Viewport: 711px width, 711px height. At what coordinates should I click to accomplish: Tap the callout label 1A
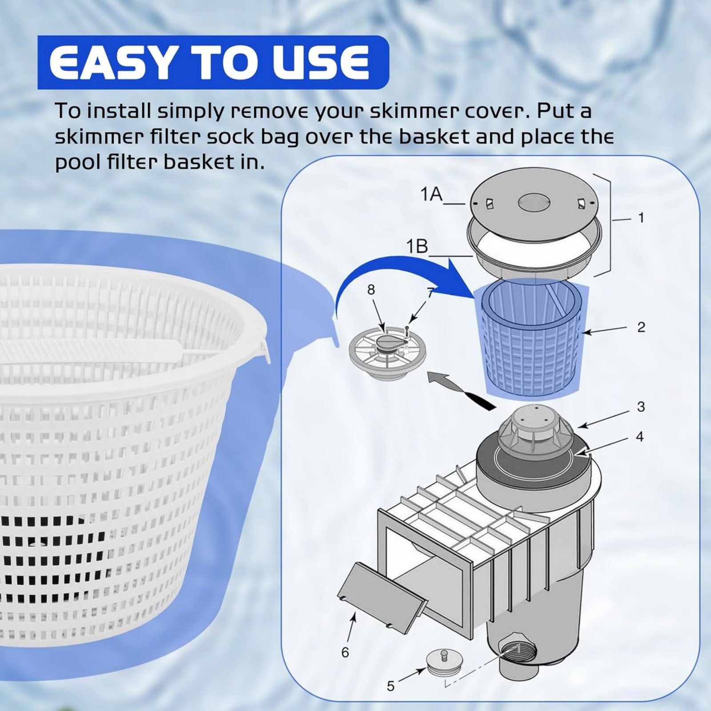(x=431, y=194)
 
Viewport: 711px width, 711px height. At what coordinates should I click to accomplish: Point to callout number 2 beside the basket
(x=641, y=328)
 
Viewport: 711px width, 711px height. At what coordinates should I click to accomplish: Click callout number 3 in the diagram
(x=640, y=407)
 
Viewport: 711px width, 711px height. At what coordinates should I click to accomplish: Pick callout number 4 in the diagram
(x=639, y=437)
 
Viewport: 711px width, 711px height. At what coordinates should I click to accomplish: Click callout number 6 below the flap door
(x=345, y=652)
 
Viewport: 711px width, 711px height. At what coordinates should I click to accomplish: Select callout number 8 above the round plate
(x=371, y=290)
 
